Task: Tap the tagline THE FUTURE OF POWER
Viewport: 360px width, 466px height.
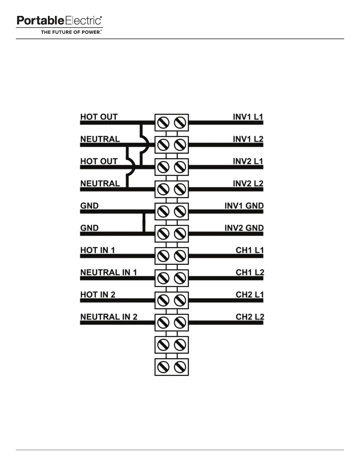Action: coord(71,32)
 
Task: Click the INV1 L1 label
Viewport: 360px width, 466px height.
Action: coord(248,117)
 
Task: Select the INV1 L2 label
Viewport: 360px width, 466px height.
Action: coord(248,139)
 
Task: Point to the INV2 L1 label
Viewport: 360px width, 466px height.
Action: coord(248,161)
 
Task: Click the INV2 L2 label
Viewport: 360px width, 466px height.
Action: coord(248,184)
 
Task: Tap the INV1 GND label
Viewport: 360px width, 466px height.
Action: coord(244,206)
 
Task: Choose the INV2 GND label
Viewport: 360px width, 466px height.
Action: coord(244,228)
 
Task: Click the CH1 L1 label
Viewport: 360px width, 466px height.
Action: coord(249,250)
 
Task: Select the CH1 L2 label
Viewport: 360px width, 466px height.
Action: coord(250,272)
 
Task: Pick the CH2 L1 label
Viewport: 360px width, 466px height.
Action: coord(249,294)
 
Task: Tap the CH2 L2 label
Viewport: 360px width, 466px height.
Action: coord(250,317)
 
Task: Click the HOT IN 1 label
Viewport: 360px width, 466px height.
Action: coord(97,250)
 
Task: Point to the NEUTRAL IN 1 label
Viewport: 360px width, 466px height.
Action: coord(109,272)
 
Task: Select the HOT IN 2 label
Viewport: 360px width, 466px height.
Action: coord(98,294)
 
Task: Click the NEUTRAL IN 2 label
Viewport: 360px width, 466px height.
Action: coord(109,317)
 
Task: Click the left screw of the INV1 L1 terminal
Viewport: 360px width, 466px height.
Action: coord(163,123)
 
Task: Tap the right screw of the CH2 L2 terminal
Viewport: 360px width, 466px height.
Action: coord(180,323)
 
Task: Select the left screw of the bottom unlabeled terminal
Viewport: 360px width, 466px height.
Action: coord(163,367)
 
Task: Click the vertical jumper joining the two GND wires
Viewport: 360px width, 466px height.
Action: coord(144,222)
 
